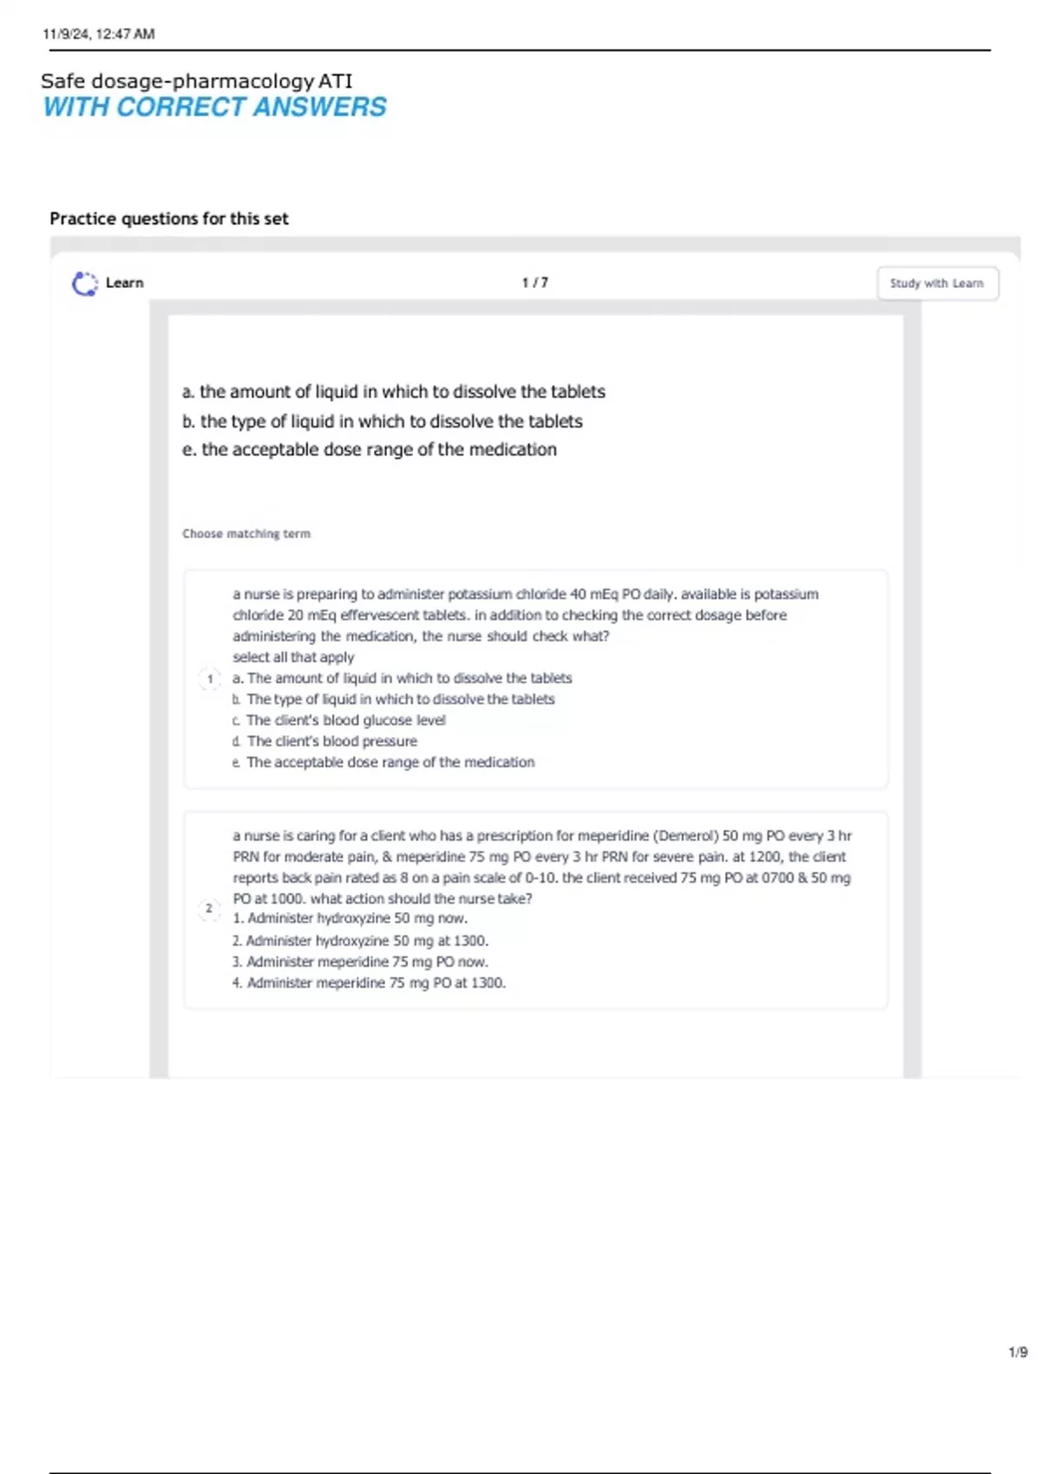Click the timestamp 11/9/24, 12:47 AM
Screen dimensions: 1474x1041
click(x=98, y=34)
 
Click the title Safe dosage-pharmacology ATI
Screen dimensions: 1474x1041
click(x=196, y=81)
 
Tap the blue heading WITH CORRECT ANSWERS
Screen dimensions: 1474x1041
click(x=214, y=107)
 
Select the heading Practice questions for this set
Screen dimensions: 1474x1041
click(x=169, y=218)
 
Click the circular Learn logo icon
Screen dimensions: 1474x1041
click(x=84, y=284)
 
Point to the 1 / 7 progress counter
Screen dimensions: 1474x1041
click(x=534, y=283)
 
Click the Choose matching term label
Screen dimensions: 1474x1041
click(x=246, y=533)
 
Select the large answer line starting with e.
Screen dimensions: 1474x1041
click(x=369, y=449)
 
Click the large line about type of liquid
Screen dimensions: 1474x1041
click(x=382, y=421)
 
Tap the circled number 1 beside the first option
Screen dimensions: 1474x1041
click(x=210, y=679)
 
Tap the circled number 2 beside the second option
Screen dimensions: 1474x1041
click(x=209, y=909)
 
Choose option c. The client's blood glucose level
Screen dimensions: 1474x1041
click(x=339, y=720)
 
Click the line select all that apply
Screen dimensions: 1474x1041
click(x=293, y=657)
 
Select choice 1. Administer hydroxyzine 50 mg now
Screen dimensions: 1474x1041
click(x=350, y=918)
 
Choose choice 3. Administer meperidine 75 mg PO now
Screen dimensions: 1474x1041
click(x=360, y=962)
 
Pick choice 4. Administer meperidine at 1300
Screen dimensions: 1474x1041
click(x=369, y=982)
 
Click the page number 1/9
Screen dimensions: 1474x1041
click(x=1018, y=1352)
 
